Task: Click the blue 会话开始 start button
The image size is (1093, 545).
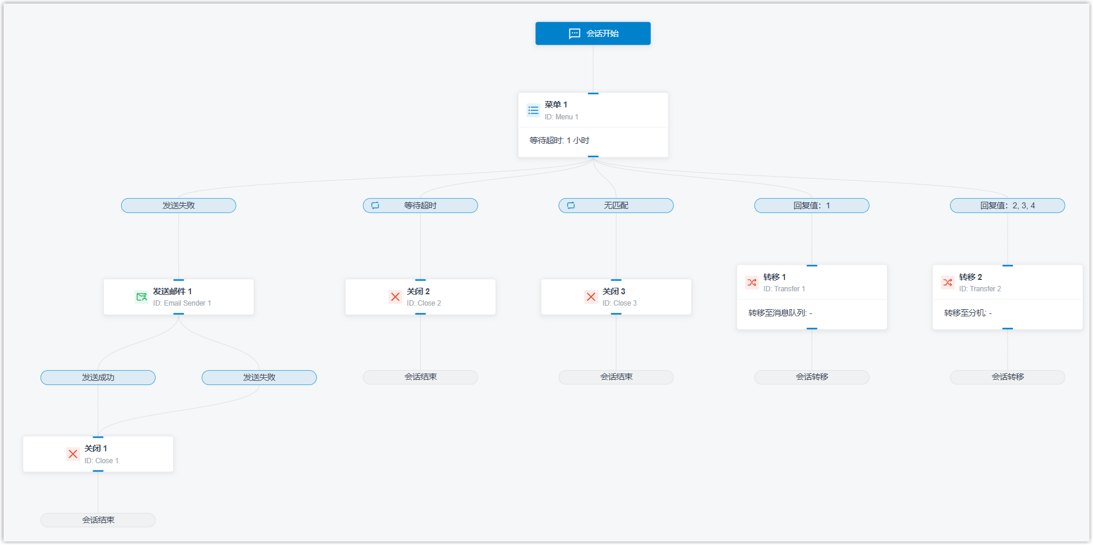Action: point(593,33)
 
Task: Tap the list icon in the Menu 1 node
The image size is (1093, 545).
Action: point(534,110)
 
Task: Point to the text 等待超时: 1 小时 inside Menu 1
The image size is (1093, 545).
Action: point(559,140)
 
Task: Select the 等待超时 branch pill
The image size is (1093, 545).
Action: point(420,205)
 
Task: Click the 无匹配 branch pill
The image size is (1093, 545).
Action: point(616,205)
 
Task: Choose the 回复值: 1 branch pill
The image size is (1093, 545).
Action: point(812,205)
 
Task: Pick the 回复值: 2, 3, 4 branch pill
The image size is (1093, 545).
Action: point(1008,205)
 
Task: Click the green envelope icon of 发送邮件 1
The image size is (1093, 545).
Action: point(141,297)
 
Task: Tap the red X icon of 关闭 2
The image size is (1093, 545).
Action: point(395,297)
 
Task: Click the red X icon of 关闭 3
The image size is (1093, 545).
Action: point(591,297)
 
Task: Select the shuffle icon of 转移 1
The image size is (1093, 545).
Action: point(752,282)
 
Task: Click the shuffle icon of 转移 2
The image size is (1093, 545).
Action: point(948,282)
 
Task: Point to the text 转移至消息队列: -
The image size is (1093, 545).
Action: point(780,313)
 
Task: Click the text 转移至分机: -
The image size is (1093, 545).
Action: point(968,313)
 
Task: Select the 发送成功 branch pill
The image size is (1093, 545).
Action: point(98,377)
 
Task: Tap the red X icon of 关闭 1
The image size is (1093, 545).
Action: point(73,454)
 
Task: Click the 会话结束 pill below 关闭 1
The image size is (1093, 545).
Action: point(98,520)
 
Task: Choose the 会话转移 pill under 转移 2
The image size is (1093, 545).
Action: point(1008,377)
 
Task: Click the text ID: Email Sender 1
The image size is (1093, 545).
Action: point(182,303)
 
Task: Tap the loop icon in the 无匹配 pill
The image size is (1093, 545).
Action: point(571,205)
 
